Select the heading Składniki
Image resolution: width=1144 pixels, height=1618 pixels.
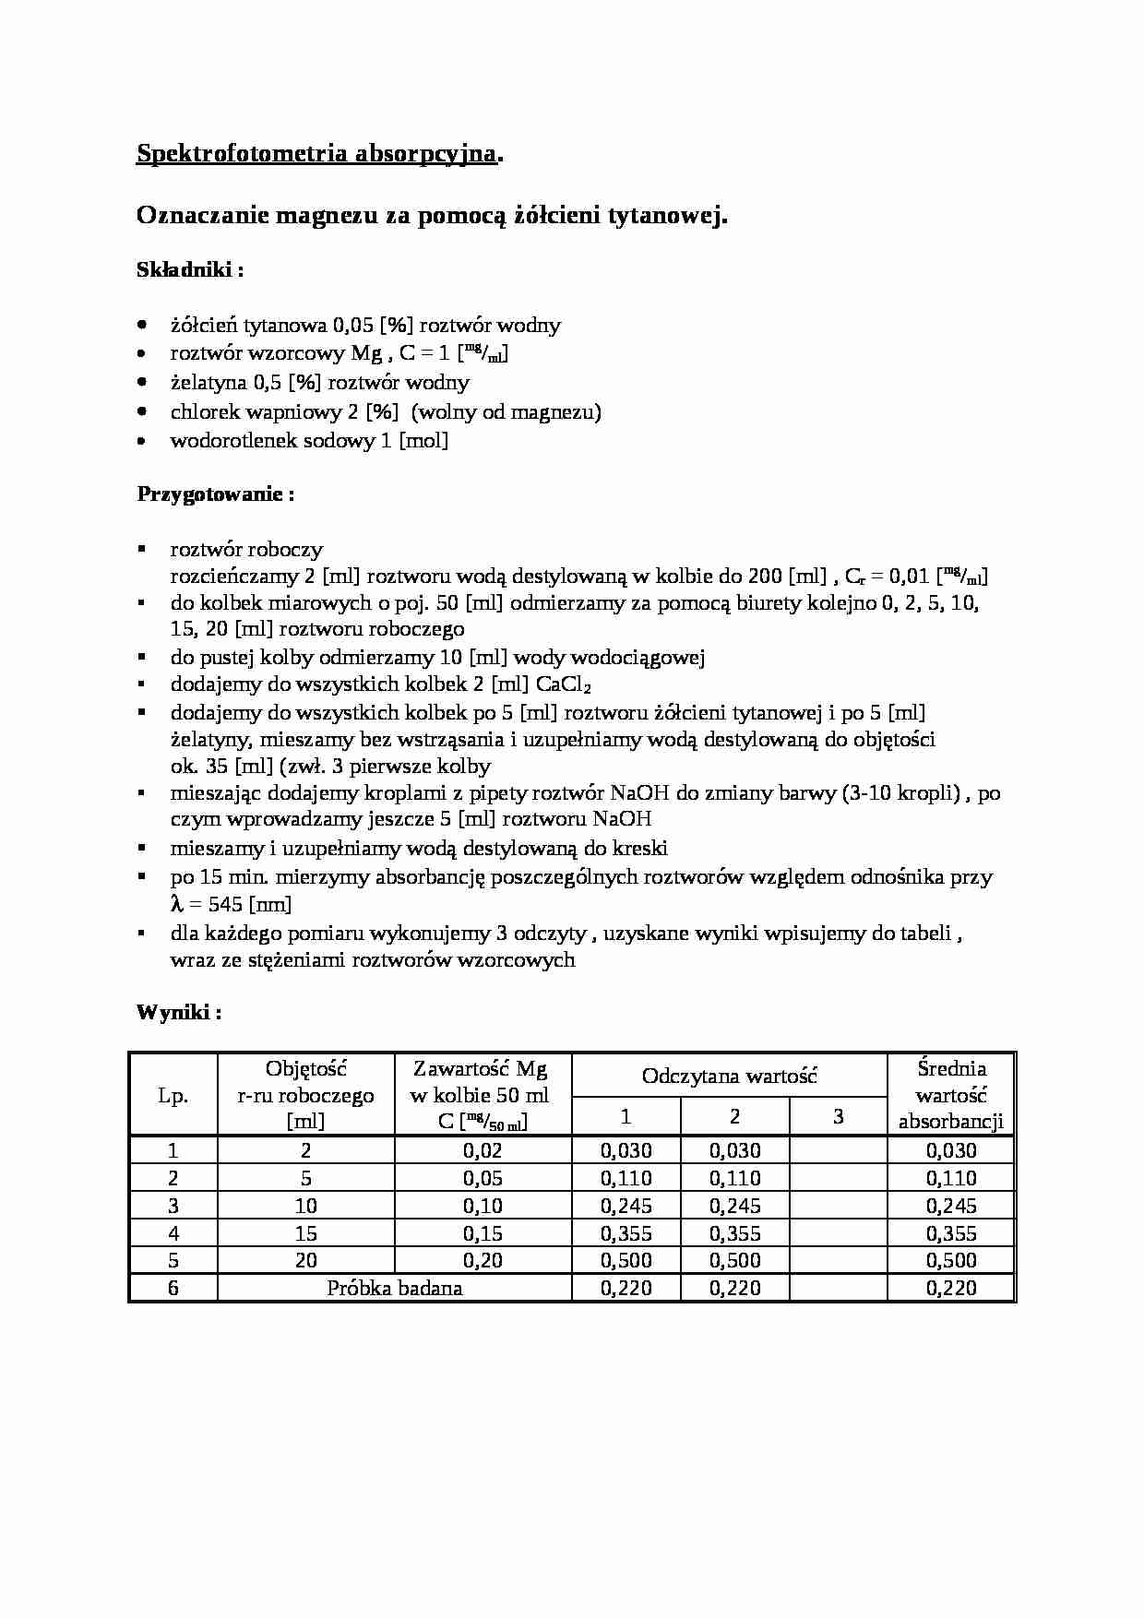click(x=189, y=270)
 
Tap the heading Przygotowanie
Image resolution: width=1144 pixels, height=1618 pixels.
click(x=215, y=494)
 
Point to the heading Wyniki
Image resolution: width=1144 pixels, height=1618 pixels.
click(x=178, y=1012)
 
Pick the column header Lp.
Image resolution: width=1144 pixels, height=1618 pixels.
click(x=173, y=1096)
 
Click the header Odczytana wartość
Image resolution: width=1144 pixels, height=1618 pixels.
click(x=729, y=1076)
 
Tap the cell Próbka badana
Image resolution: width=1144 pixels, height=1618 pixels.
click(x=394, y=1288)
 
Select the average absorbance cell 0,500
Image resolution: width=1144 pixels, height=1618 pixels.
click(x=950, y=1261)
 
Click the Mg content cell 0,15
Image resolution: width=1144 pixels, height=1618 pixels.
click(x=483, y=1233)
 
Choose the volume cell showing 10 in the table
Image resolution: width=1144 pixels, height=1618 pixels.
click(x=305, y=1206)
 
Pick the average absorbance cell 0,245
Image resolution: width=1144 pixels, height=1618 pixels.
click(x=950, y=1206)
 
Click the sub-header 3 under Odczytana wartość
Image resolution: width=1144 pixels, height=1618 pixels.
click(x=838, y=1117)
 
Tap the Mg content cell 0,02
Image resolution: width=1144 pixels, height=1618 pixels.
click(x=483, y=1150)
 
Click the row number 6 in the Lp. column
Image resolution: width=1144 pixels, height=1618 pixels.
click(x=173, y=1288)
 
